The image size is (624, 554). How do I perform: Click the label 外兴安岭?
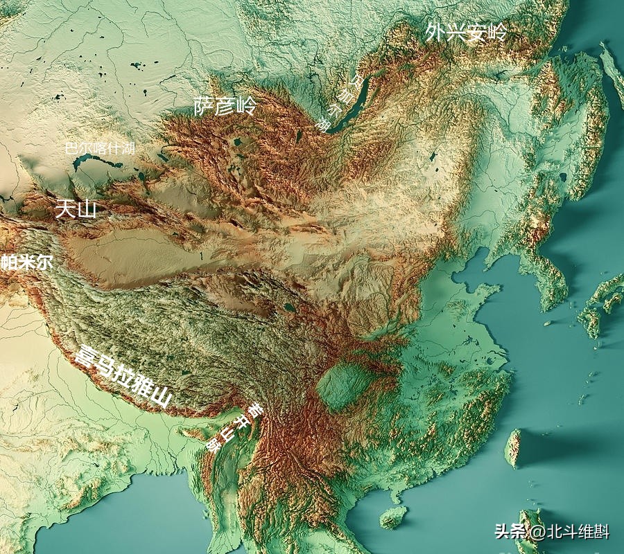pos(466,32)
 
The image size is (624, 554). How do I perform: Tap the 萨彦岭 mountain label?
pos(225,106)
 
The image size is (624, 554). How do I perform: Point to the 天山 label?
pos(76,208)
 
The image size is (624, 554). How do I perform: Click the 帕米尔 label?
pos(26,262)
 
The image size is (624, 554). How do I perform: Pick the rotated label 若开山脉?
pos(235,427)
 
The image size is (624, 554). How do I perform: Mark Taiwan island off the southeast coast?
pos(514,447)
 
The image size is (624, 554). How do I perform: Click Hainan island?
pos(393,517)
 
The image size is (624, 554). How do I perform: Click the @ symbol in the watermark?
pos(536,532)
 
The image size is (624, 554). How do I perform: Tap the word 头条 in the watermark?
pos(510,532)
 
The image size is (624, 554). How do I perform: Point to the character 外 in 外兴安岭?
pos(436,31)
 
